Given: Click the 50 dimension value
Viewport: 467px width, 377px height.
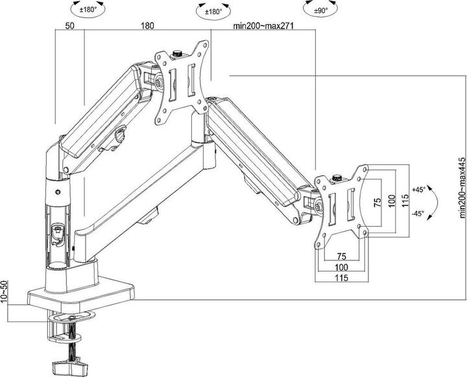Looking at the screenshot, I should coord(68,27).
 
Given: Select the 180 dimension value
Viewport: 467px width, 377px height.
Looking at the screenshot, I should coord(148,27).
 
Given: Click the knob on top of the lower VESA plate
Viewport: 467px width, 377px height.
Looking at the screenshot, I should coord(337,177).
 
